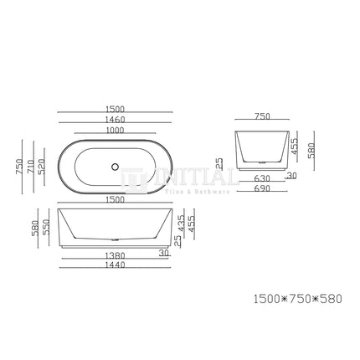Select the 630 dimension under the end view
[x=261, y=178]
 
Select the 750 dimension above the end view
[x=262, y=117]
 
